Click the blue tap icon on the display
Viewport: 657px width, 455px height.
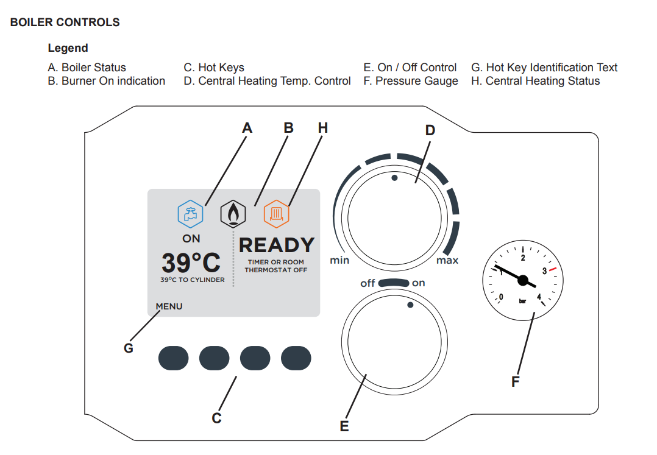pyautogui.click(x=190, y=214)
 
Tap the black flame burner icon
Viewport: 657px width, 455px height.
pyautogui.click(x=232, y=214)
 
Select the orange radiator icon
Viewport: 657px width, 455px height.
pyautogui.click(x=277, y=214)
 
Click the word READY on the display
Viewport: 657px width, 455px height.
pyautogui.click(x=277, y=245)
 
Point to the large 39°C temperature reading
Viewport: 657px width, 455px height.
pyautogui.click(x=191, y=263)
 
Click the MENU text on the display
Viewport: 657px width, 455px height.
pyautogui.click(x=169, y=306)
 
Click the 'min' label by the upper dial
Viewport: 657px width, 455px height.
pyautogui.click(x=339, y=261)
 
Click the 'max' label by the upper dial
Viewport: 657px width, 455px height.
pyautogui.click(x=447, y=261)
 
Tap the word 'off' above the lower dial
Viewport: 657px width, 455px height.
pyautogui.click(x=368, y=283)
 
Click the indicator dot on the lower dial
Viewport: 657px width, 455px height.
pyautogui.click(x=410, y=305)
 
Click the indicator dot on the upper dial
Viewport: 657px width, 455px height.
pyautogui.click(x=394, y=178)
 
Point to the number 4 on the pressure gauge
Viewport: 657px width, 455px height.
pyautogui.click(x=539, y=297)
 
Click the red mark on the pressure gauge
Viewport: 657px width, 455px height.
pyautogui.click(x=552, y=269)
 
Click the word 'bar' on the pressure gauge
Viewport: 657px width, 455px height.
pyautogui.click(x=522, y=300)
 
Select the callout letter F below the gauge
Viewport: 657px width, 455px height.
pyautogui.click(x=516, y=383)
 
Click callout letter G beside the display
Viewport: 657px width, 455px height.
pyautogui.click(x=129, y=348)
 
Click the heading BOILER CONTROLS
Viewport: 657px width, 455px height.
pyautogui.click(x=65, y=23)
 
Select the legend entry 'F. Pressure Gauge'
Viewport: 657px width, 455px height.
pyautogui.click(x=411, y=81)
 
